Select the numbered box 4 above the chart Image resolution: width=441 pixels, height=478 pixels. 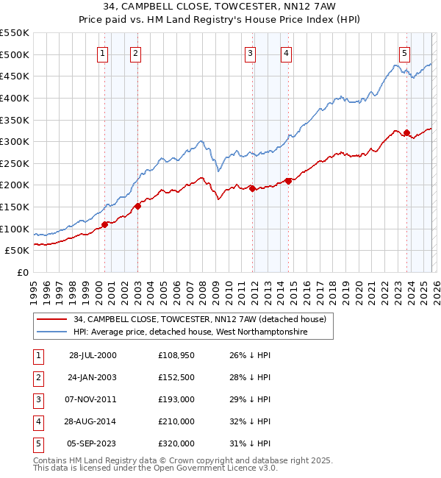point(285,53)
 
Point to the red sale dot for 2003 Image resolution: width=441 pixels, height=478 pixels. point(137,206)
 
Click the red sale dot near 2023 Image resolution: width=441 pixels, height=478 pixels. point(406,133)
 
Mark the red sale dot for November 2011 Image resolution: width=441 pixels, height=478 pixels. point(252,188)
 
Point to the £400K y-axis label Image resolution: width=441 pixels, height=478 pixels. point(15,98)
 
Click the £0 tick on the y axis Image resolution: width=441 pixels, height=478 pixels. point(22,272)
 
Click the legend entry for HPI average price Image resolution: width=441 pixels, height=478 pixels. point(190,332)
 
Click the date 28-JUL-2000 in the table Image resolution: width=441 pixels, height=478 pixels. point(93,356)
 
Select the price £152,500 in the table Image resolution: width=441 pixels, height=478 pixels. point(176,378)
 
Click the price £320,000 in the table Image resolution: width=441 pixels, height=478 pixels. point(176,444)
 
